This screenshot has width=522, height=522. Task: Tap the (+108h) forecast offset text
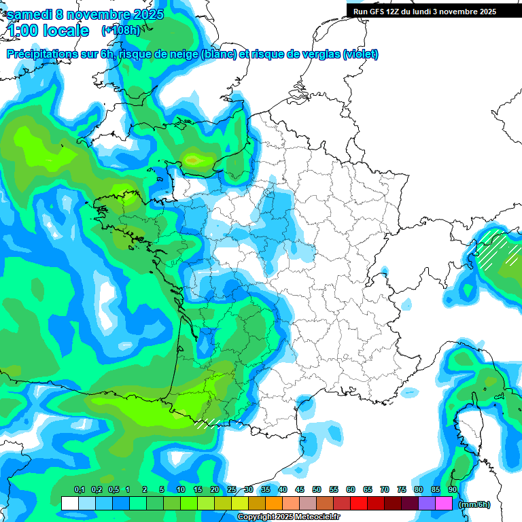[x=120, y=31]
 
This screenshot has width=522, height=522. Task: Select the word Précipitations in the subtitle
[x=41, y=54]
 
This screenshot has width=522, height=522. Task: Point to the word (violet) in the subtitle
[x=361, y=54]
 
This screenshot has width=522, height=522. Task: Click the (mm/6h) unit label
[x=474, y=504]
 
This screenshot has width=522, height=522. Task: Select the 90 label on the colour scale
[x=453, y=489]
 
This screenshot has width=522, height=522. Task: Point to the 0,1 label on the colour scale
[x=80, y=489]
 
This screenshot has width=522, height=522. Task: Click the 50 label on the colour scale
[x=317, y=489]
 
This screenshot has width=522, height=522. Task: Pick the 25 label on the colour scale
[x=232, y=489]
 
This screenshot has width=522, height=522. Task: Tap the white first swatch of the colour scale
[x=69, y=504]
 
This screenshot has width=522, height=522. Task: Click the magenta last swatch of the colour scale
[x=444, y=504]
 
